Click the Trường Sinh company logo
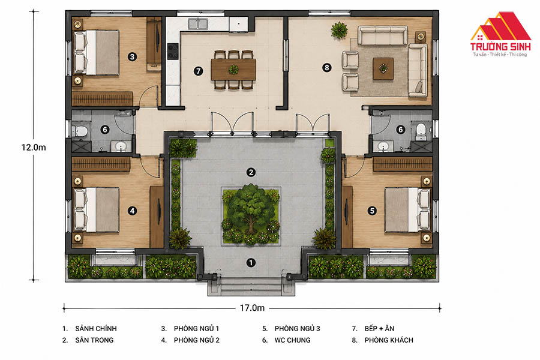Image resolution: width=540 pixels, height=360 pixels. (x=500, y=34)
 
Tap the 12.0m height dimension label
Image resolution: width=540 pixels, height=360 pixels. (x=34, y=148)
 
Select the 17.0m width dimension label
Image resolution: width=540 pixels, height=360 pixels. (x=252, y=308)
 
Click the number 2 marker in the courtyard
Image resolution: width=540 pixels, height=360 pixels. (x=251, y=172)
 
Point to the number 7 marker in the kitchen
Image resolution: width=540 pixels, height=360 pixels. (x=198, y=71)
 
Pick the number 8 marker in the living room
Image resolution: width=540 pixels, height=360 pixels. (x=327, y=68)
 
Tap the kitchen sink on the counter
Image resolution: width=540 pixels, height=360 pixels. (x=198, y=24)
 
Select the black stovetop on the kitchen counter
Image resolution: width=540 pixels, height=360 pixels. (x=173, y=51)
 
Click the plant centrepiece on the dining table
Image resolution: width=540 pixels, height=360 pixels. (x=233, y=69)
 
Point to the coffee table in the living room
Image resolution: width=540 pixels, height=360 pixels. (x=383, y=68)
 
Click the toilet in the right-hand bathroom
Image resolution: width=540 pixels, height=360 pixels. (x=421, y=131)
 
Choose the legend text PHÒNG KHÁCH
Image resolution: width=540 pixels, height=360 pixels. (x=389, y=340)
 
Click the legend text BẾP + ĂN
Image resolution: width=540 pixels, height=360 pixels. (x=379, y=328)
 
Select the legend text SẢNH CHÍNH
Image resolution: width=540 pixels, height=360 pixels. (x=96, y=328)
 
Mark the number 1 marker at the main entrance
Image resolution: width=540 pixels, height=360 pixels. (x=251, y=263)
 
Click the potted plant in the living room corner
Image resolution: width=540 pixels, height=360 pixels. (x=339, y=30)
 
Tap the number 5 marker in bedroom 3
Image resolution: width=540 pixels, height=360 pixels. (x=372, y=211)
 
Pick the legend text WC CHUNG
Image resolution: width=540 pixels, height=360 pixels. (x=292, y=340)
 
